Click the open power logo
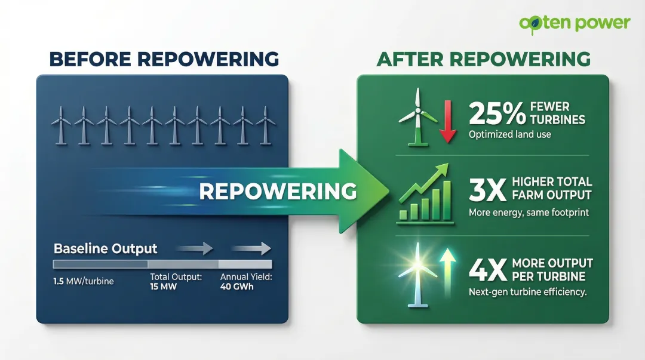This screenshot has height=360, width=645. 575,23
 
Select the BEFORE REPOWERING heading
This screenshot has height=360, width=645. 164,59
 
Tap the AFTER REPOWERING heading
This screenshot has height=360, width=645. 483,59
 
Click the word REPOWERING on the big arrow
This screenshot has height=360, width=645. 278,191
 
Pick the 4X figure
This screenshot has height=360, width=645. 486,269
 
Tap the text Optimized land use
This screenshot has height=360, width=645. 509,134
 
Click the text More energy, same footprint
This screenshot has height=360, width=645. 529,213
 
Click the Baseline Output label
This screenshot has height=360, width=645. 106,248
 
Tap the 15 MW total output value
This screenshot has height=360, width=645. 163,287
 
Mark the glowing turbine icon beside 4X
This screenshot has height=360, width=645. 416,271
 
